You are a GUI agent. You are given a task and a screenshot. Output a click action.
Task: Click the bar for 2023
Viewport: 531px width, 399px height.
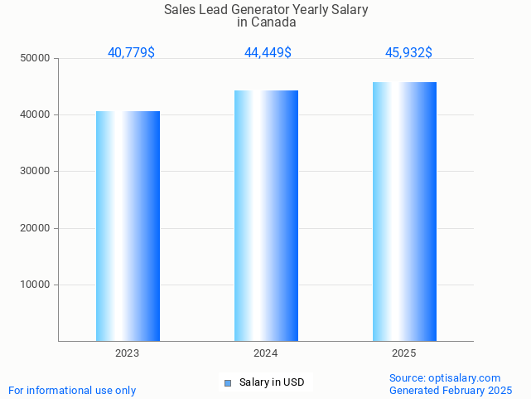pyautogui.click(x=128, y=226)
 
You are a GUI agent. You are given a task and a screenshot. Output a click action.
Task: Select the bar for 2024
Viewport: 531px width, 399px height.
pyautogui.click(x=266, y=216)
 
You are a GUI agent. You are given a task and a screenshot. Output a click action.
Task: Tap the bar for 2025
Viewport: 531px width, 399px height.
pyautogui.click(x=404, y=212)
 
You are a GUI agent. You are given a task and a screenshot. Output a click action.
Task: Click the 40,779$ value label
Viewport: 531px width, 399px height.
pyautogui.click(x=131, y=53)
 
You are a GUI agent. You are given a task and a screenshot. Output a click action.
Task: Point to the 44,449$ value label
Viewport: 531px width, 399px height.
pyautogui.click(x=268, y=53)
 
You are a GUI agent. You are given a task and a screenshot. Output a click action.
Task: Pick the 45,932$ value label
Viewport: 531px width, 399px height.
pyautogui.click(x=408, y=53)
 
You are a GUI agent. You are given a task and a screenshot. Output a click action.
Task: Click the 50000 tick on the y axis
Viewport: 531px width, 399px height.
pyautogui.click(x=35, y=58)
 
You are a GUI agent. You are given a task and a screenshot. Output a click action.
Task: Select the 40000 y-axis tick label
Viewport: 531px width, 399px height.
pyautogui.click(x=35, y=114)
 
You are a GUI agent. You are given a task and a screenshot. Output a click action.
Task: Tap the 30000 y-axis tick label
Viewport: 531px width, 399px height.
pyautogui.click(x=35, y=171)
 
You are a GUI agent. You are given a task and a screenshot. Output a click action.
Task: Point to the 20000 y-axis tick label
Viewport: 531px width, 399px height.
pyautogui.click(x=35, y=228)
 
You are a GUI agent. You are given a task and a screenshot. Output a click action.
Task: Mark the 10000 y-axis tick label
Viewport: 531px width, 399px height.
pyautogui.click(x=35, y=285)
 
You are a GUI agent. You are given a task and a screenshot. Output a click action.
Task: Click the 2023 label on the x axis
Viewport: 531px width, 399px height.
pyautogui.click(x=128, y=353)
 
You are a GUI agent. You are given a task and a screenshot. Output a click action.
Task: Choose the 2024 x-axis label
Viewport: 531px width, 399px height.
pyautogui.click(x=266, y=353)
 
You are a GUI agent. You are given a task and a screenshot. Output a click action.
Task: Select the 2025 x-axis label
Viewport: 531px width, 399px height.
pyautogui.click(x=404, y=353)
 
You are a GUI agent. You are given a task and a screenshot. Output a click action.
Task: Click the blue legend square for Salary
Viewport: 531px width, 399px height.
pyautogui.click(x=229, y=382)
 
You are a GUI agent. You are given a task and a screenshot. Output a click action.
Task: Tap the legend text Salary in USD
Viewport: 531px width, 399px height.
pyautogui.click(x=272, y=382)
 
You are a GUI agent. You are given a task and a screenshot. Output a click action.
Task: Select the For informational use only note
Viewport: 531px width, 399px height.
pyautogui.click(x=72, y=390)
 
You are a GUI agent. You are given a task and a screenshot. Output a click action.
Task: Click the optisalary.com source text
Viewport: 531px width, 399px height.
pyautogui.click(x=465, y=377)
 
